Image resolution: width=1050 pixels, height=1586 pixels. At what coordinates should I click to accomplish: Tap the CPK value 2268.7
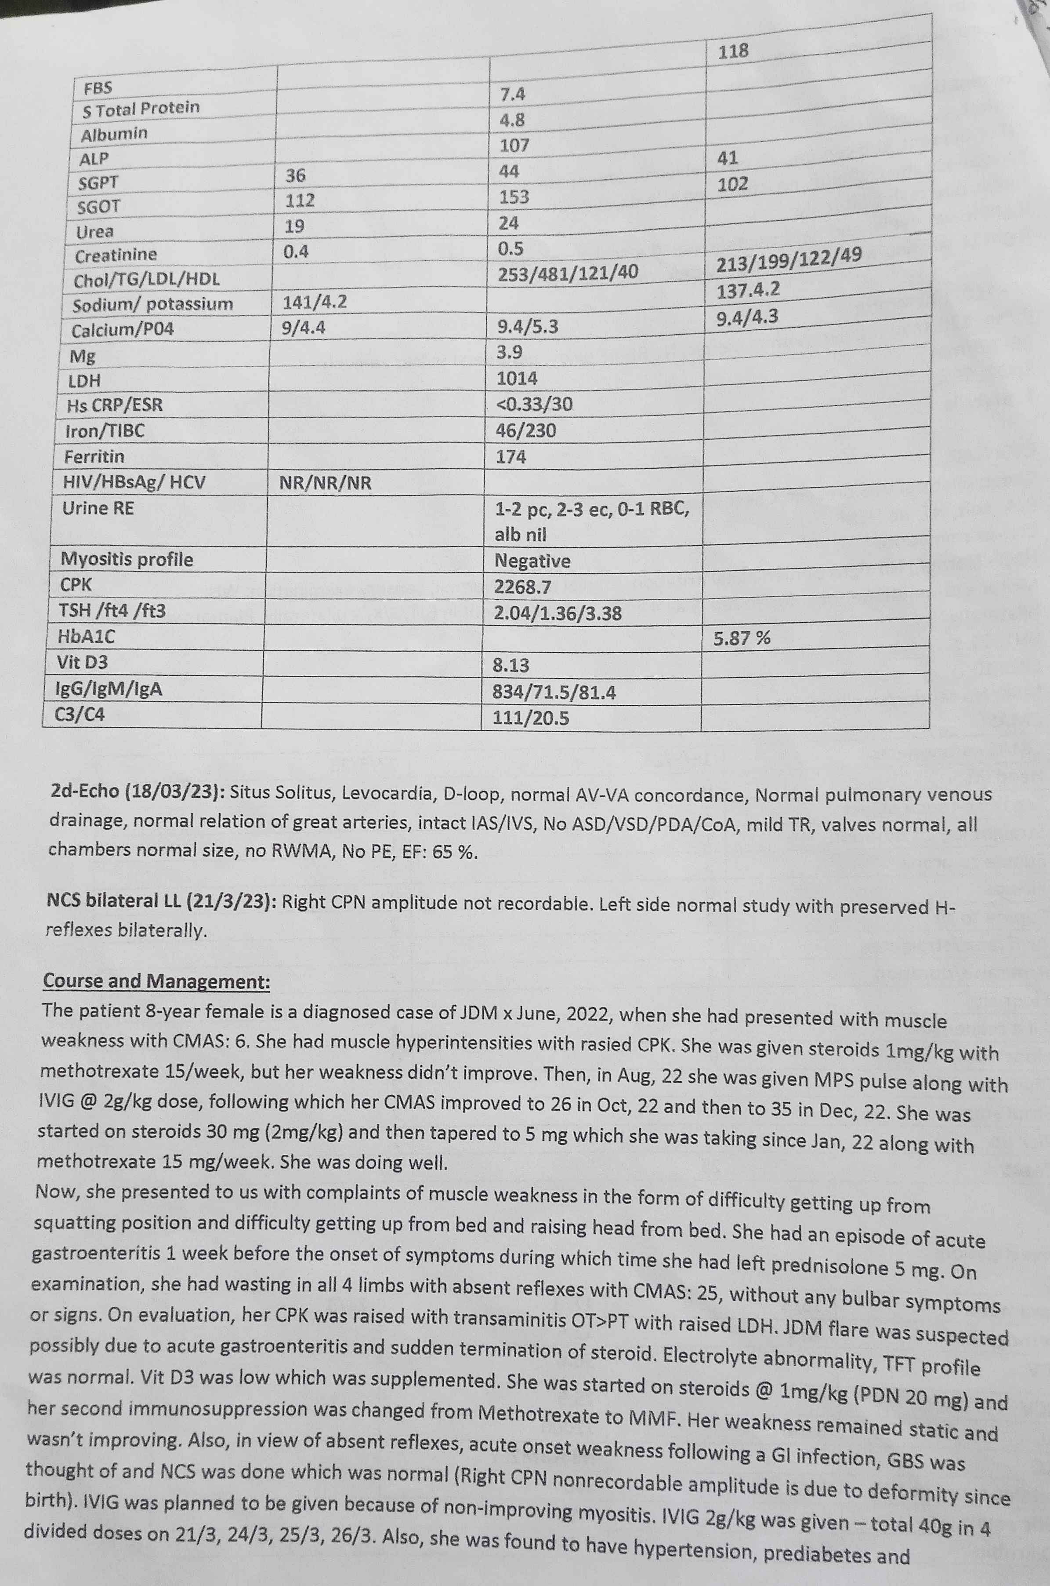(522, 587)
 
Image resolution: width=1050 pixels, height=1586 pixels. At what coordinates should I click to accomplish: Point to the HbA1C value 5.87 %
(741, 638)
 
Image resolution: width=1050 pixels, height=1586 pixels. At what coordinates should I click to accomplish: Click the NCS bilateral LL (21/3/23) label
(161, 902)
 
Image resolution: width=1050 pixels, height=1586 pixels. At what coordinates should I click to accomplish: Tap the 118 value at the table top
(733, 51)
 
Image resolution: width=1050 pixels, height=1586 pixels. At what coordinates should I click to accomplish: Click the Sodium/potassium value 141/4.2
(314, 302)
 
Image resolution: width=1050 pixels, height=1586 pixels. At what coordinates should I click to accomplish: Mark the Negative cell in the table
(532, 561)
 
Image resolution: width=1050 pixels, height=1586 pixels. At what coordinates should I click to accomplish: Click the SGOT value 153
(514, 197)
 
